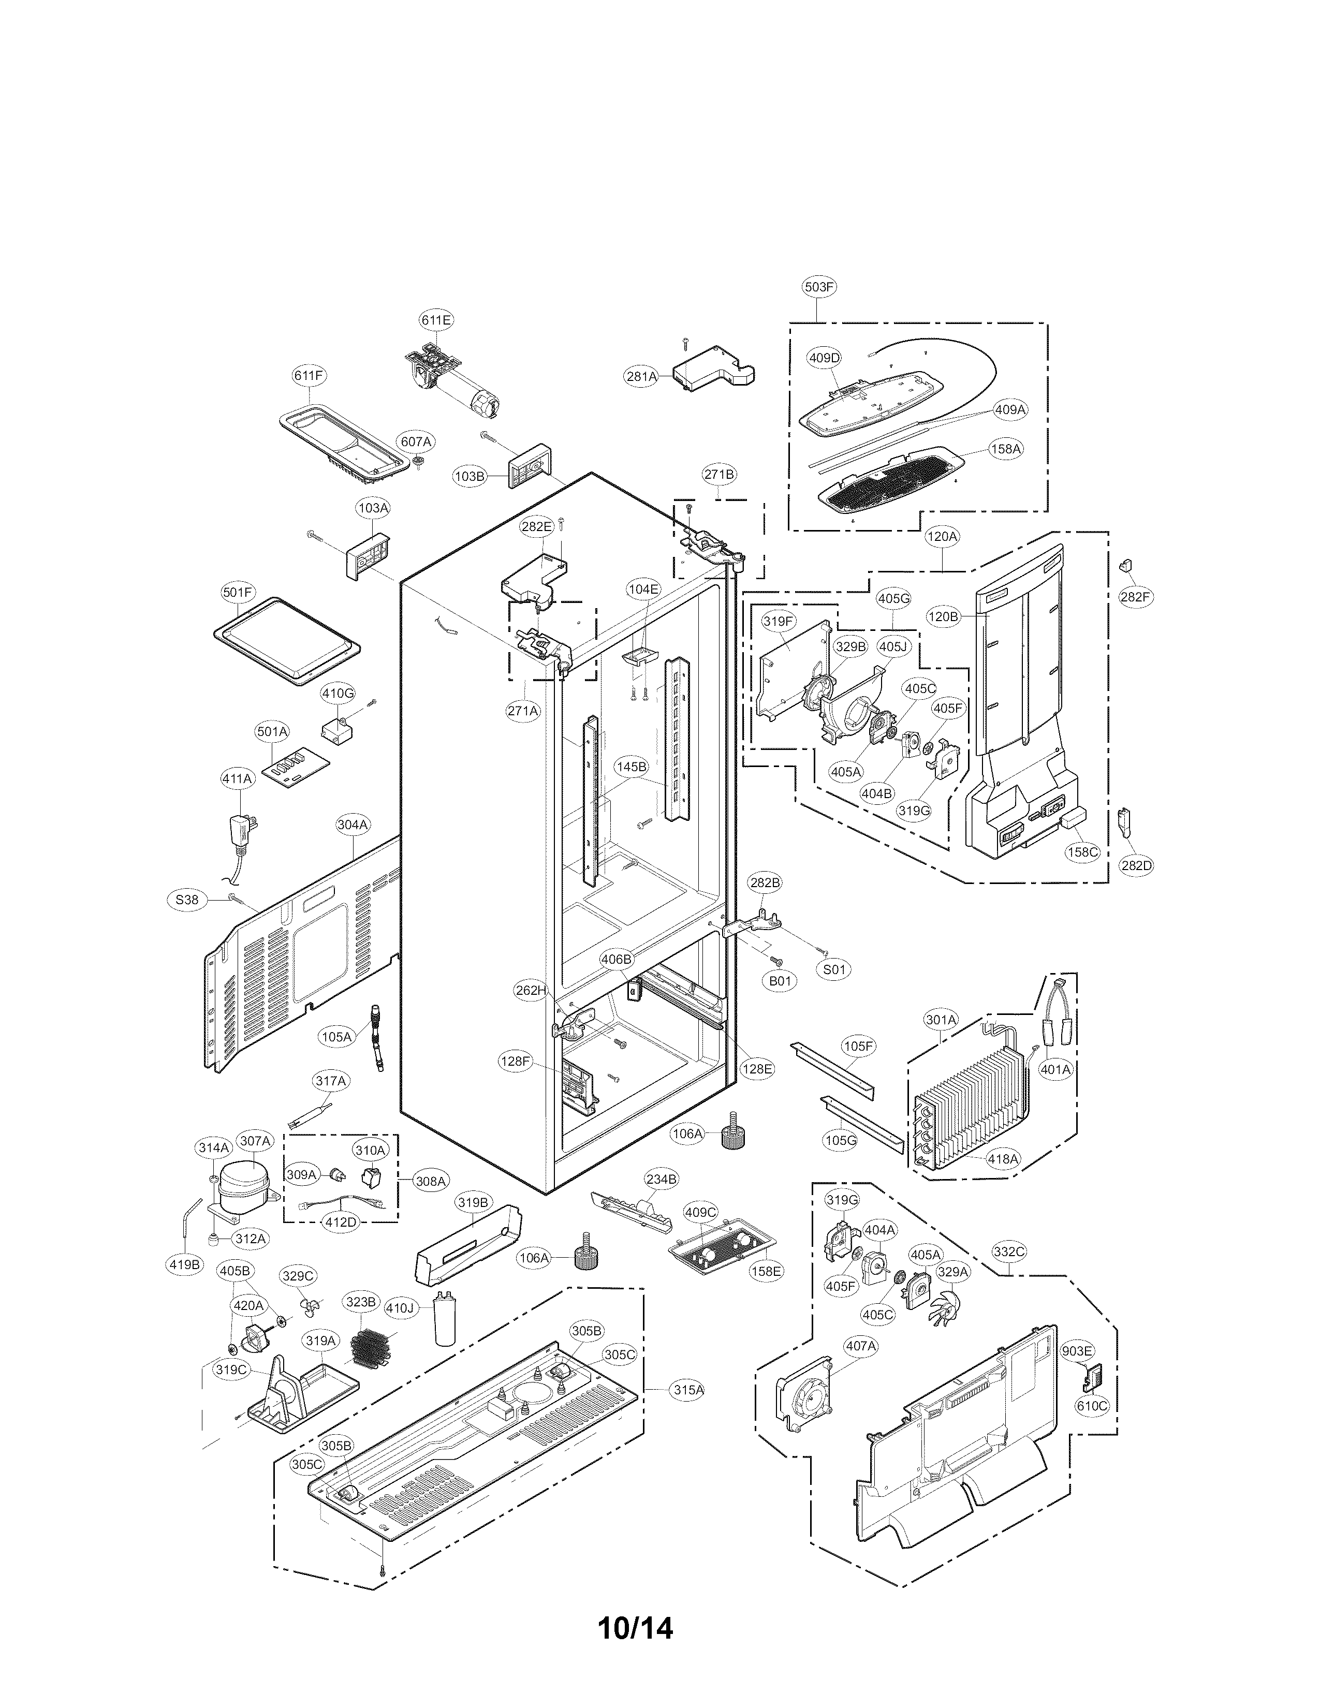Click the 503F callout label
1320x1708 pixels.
point(819,287)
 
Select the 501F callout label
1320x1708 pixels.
point(238,593)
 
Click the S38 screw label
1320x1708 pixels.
point(187,900)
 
